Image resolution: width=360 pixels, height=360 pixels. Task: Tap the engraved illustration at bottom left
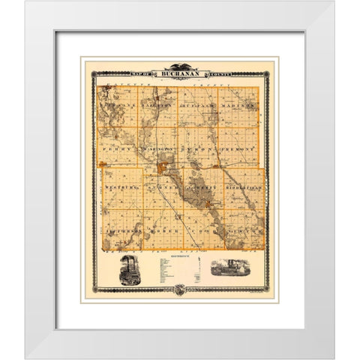[129, 270]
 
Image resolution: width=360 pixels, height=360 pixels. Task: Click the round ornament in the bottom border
[180, 289]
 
